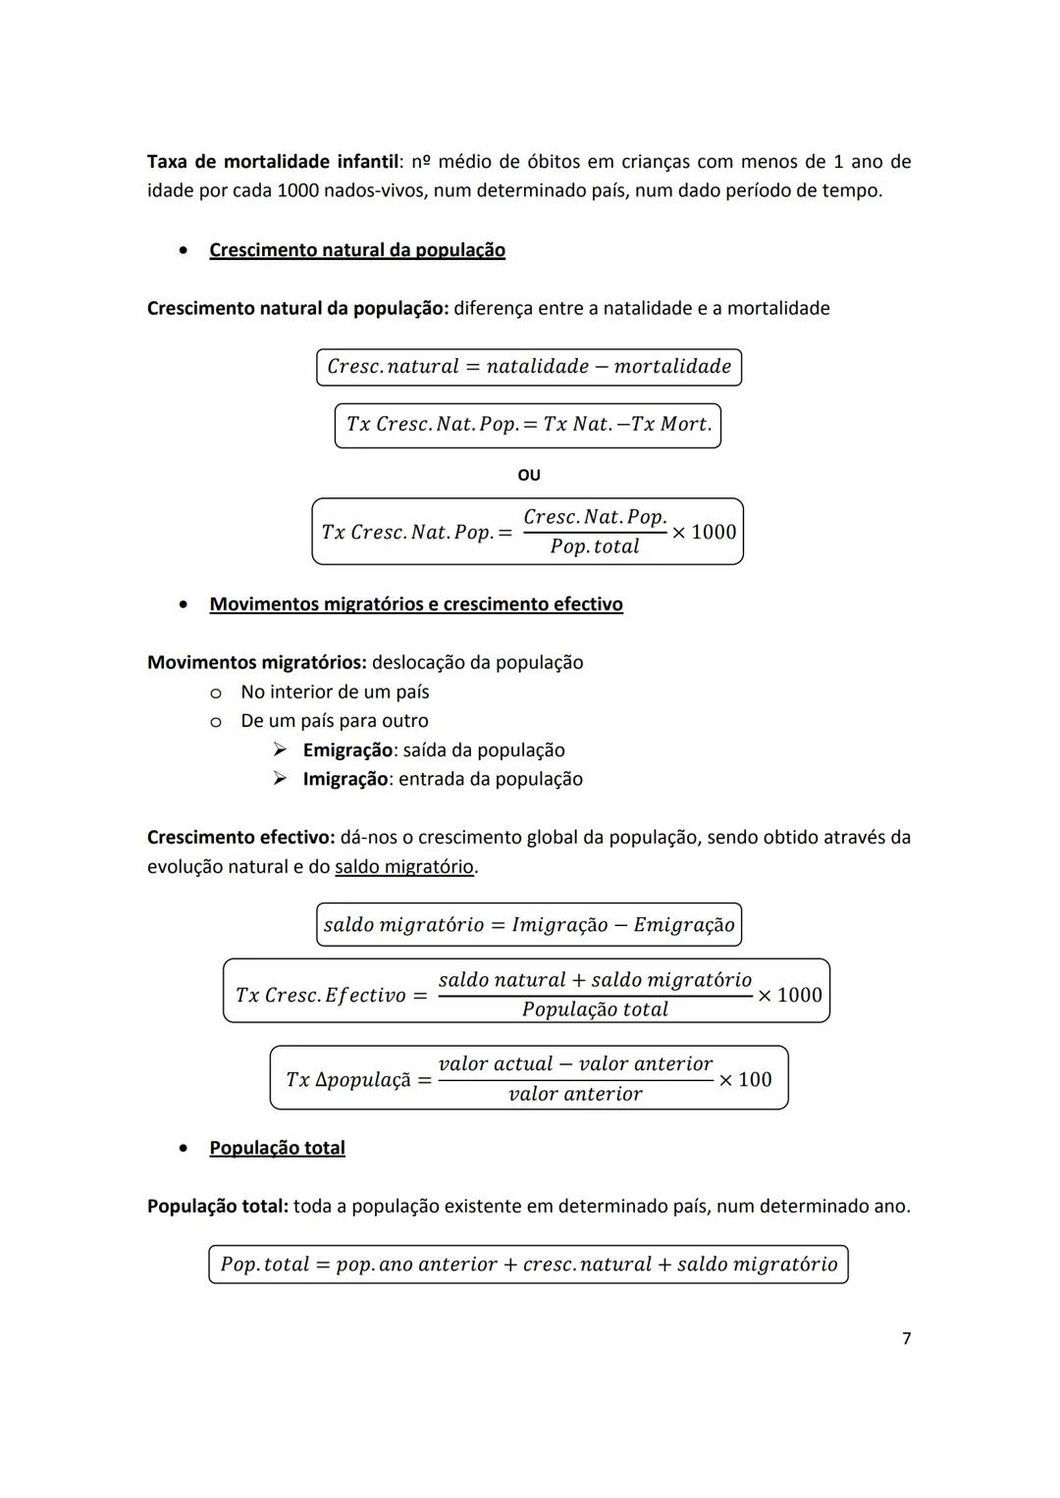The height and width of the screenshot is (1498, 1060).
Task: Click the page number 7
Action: (x=906, y=1338)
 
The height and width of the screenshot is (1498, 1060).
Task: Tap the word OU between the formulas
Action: (x=529, y=475)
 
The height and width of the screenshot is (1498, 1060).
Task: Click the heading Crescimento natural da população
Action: (x=357, y=250)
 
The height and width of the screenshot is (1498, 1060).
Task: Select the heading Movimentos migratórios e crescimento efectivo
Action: (x=416, y=604)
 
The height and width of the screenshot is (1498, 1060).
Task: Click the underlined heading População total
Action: (x=277, y=1148)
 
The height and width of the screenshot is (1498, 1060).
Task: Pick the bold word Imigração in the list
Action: (x=345, y=779)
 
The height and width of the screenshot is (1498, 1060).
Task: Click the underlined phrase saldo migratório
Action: (x=404, y=867)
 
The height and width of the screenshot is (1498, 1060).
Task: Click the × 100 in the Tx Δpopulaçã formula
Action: (x=746, y=1080)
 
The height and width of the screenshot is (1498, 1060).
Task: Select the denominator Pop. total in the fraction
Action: (x=595, y=546)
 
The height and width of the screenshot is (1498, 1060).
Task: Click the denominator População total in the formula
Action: (x=595, y=1009)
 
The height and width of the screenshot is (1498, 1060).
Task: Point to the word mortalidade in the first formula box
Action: (x=673, y=367)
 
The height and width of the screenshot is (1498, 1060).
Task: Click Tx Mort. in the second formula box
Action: (x=671, y=425)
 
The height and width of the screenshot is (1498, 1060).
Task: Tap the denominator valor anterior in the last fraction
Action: (x=575, y=1094)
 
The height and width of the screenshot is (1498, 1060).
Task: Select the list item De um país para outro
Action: (x=335, y=721)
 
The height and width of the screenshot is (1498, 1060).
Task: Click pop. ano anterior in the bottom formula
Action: (x=415, y=1265)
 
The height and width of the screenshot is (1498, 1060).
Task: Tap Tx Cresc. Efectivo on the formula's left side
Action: (x=320, y=996)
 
